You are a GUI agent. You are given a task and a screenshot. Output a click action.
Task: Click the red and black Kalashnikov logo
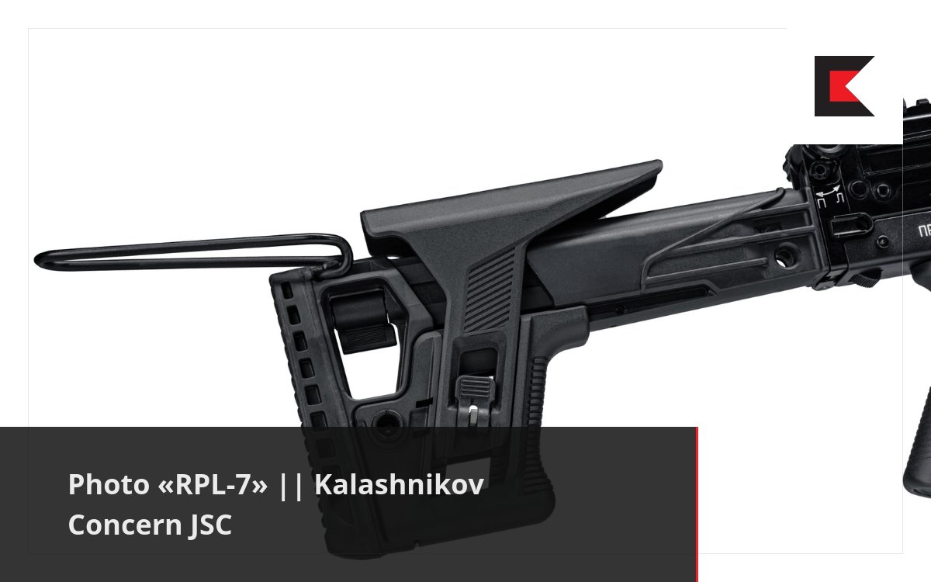pyautogui.click(x=844, y=86)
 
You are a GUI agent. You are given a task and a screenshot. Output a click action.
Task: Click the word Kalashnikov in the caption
pyautogui.click(x=399, y=485)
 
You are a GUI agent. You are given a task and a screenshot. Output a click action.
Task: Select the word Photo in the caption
pyautogui.click(x=106, y=485)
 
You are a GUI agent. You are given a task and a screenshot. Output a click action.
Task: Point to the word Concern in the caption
pyautogui.click(x=124, y=525)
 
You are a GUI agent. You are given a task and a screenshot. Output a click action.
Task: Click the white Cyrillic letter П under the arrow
pyautogui.click(x=821, y=202)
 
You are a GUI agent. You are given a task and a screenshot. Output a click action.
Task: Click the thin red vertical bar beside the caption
pyautogui.click(x=697, y=504)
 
